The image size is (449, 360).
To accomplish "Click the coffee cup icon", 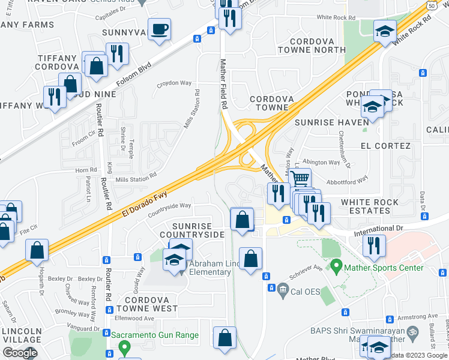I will [159, 29].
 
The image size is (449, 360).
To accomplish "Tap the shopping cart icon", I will [300, 178].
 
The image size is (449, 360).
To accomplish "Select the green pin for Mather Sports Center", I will [336, 265].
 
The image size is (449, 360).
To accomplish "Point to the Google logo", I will [19, 353].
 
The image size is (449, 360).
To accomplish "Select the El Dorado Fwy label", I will [146, 199].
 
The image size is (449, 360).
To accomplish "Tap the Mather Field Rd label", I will [224, 83].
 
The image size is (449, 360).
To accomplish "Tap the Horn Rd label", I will [86, 170].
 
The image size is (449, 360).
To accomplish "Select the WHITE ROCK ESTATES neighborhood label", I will [366, 206].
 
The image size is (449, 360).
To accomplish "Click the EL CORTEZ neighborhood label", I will [385, 146].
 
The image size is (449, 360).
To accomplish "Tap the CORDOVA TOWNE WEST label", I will [147, 303].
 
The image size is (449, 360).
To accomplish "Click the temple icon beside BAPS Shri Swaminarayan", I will [412, 331].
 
